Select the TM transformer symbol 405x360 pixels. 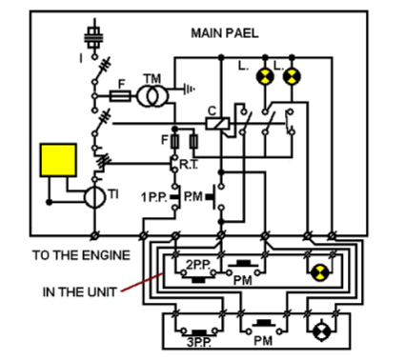click(x=149, y=96)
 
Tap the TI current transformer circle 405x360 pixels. click(x=95, y=195)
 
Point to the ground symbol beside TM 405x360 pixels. click(x=188, y=89)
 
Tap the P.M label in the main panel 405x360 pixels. click(x=194, y=197)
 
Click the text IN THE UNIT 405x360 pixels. click(x=75, y=292)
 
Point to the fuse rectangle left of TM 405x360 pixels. click(x=120, y=96)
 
